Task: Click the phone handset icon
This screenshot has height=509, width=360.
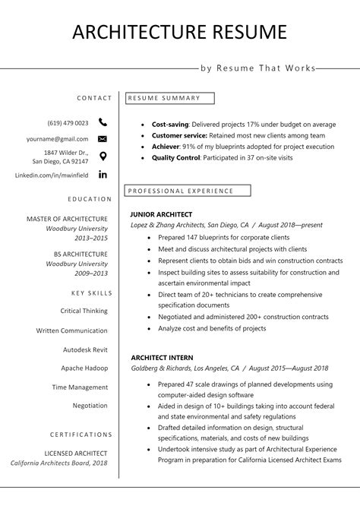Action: click(x=103, y=122)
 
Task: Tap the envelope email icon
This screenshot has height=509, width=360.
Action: click(x=103, y=139)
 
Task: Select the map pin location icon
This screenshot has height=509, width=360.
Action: click(x=103, y=156)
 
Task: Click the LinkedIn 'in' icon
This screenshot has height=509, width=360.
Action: click(x=103, y=174)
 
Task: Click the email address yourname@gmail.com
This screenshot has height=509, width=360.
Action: click(x=57, y=139)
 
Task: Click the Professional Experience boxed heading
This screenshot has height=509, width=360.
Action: click(x=180, y=191)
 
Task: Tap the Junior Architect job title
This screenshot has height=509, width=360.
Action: click(x=161, y=214)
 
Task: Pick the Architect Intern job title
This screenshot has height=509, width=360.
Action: click(x=162, y=357)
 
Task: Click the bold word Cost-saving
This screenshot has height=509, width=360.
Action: click(x=169, y=123)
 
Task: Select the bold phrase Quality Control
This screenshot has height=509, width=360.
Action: click(x=175, y=157)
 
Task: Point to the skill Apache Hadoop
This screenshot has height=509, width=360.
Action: click(x=84, y=368)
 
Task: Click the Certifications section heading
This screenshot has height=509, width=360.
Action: click(x=81, y=435)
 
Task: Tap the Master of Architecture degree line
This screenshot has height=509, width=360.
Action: click(x=67, y=219)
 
